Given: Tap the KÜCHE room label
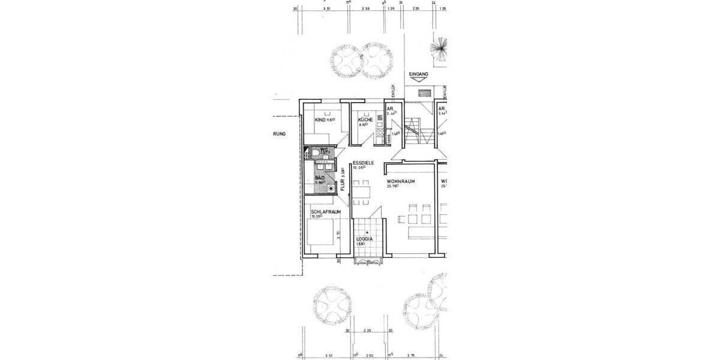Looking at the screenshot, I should [366, 119].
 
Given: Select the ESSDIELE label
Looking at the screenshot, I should [363, 163].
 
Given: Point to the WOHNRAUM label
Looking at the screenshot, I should [401, 181].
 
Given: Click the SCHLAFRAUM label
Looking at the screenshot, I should [326, 212].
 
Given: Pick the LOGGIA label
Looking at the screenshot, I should [365, 239].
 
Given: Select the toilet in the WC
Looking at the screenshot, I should [313, 154].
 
